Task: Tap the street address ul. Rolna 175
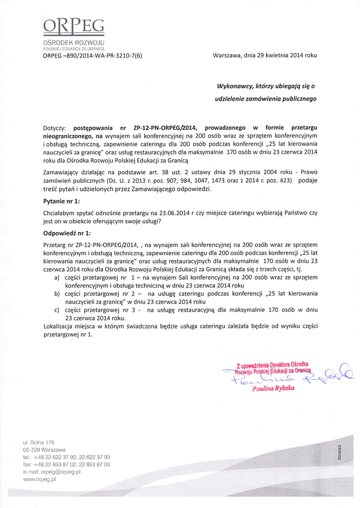(x=39, y=442)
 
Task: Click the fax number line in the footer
(x=67, y=464)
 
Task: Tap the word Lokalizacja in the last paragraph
(x=61, y=326)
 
